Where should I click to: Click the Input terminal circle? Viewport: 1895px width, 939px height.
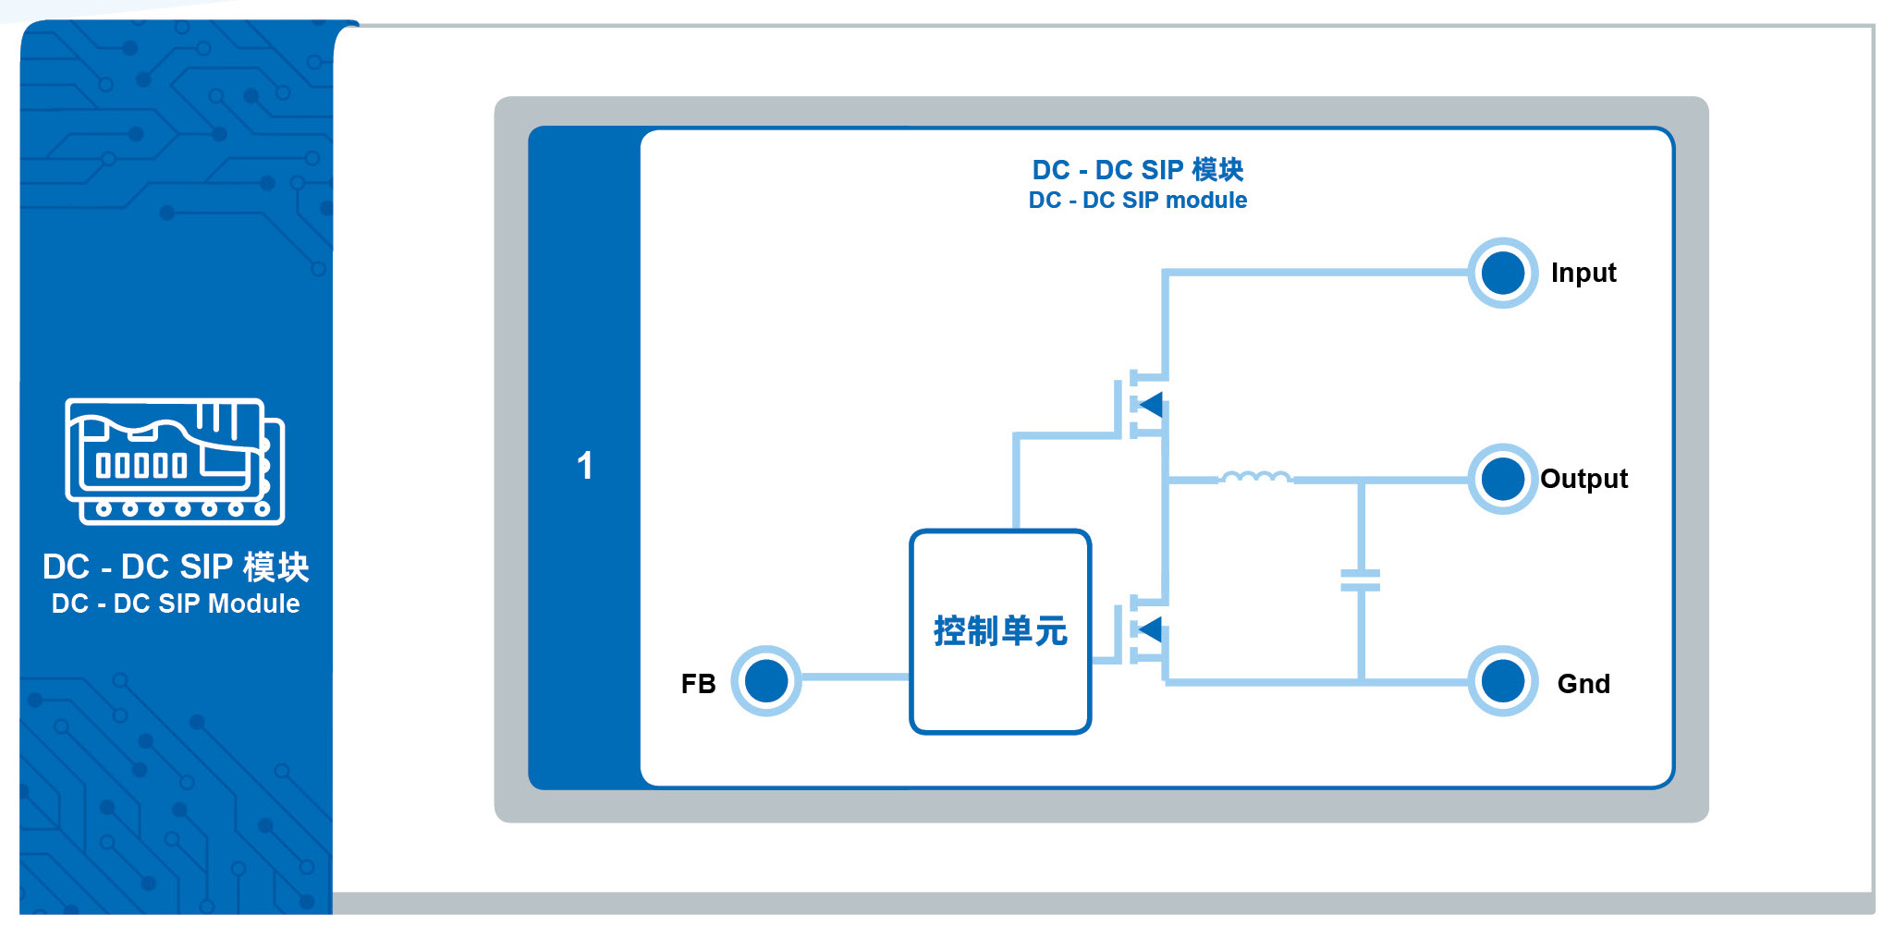pyautogui.click(x=1503, y=273)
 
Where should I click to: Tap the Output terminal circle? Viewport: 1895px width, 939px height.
pyautogui.click(x=1503, y=479)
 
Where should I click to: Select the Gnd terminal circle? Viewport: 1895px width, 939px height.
pyautogui.click(x=1503, y=681)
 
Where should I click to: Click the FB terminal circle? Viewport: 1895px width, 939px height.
pyautogui.click(x=766, y=681)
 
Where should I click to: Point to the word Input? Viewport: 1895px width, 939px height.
pyautogui.click(x=1583, y=274)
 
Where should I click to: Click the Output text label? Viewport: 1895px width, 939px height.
pyautogui.click(x=1583, y=479)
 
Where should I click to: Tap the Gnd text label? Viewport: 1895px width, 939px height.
pyautogui.click(x=1583, y=684)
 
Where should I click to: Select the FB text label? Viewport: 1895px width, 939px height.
pyautogui.click(x=698, y=684)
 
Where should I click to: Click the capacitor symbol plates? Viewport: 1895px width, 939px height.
pyautogui.click(x=1361, y=580)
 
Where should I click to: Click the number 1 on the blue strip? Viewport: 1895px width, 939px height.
pyautogui.click(x=584, y=466)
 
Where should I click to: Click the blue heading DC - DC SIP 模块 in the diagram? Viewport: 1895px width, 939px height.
pyautogui.click(x=1138, y=170)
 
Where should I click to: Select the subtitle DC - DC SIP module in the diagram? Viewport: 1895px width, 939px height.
pyautogui.click(x=1138, y=201)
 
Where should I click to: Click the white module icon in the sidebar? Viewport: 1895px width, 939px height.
pyautogui.click(x=175, y=461)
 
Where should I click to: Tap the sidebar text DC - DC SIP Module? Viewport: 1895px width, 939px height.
pyautogui.click(x=176, y=604)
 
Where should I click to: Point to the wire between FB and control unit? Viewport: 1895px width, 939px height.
pyautogui.click(x=856, y=677)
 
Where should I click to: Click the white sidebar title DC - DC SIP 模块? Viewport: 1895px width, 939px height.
pyautogui.click(x=176, y=567)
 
